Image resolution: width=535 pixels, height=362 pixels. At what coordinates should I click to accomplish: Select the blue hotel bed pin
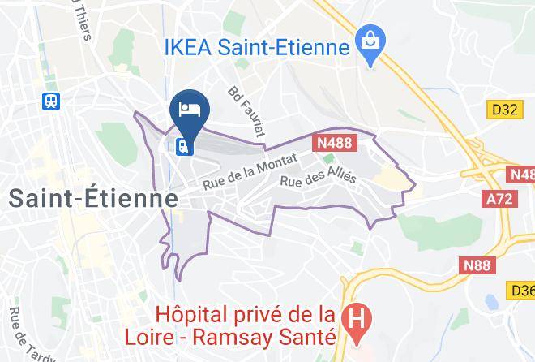click(190, 110)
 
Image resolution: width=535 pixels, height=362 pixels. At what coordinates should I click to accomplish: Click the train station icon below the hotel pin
click(183, 147)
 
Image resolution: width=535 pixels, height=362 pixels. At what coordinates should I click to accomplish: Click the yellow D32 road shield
click(503, 109)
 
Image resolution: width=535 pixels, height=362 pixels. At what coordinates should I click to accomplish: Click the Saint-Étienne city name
click(93, 198)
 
